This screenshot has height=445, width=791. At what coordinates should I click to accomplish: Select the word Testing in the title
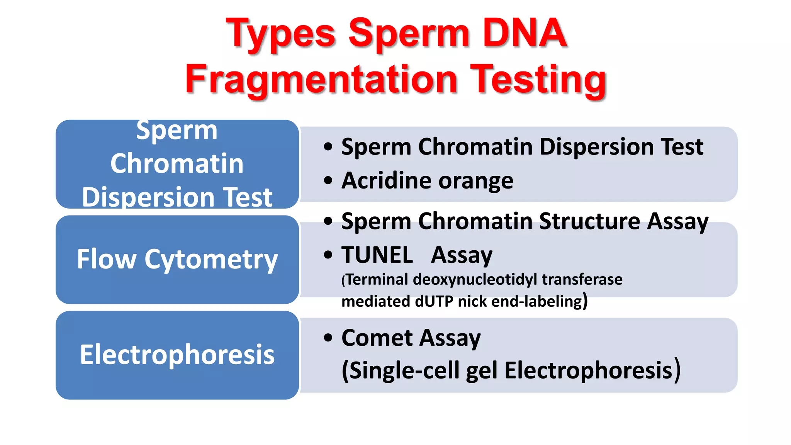tap(540, 80)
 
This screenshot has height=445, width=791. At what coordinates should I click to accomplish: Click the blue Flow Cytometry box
tap(177, 259)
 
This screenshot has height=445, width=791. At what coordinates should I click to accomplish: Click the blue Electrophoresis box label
tap(177, 355)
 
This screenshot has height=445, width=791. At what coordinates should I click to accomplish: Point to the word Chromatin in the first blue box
tap(177, 163)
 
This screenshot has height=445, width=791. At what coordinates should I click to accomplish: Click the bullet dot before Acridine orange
tap(328, 180)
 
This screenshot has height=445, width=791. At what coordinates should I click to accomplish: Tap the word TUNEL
tap(377, 255)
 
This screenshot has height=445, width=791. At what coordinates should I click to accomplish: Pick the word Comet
tap(377, 338)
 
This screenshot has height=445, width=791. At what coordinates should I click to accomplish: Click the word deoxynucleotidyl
tap(475, 279)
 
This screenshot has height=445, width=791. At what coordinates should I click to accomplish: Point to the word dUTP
tap(434, 301)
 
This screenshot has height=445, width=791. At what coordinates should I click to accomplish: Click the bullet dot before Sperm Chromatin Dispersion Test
tap(328, 147)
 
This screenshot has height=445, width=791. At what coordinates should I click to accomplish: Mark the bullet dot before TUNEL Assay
tap(328, 255)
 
